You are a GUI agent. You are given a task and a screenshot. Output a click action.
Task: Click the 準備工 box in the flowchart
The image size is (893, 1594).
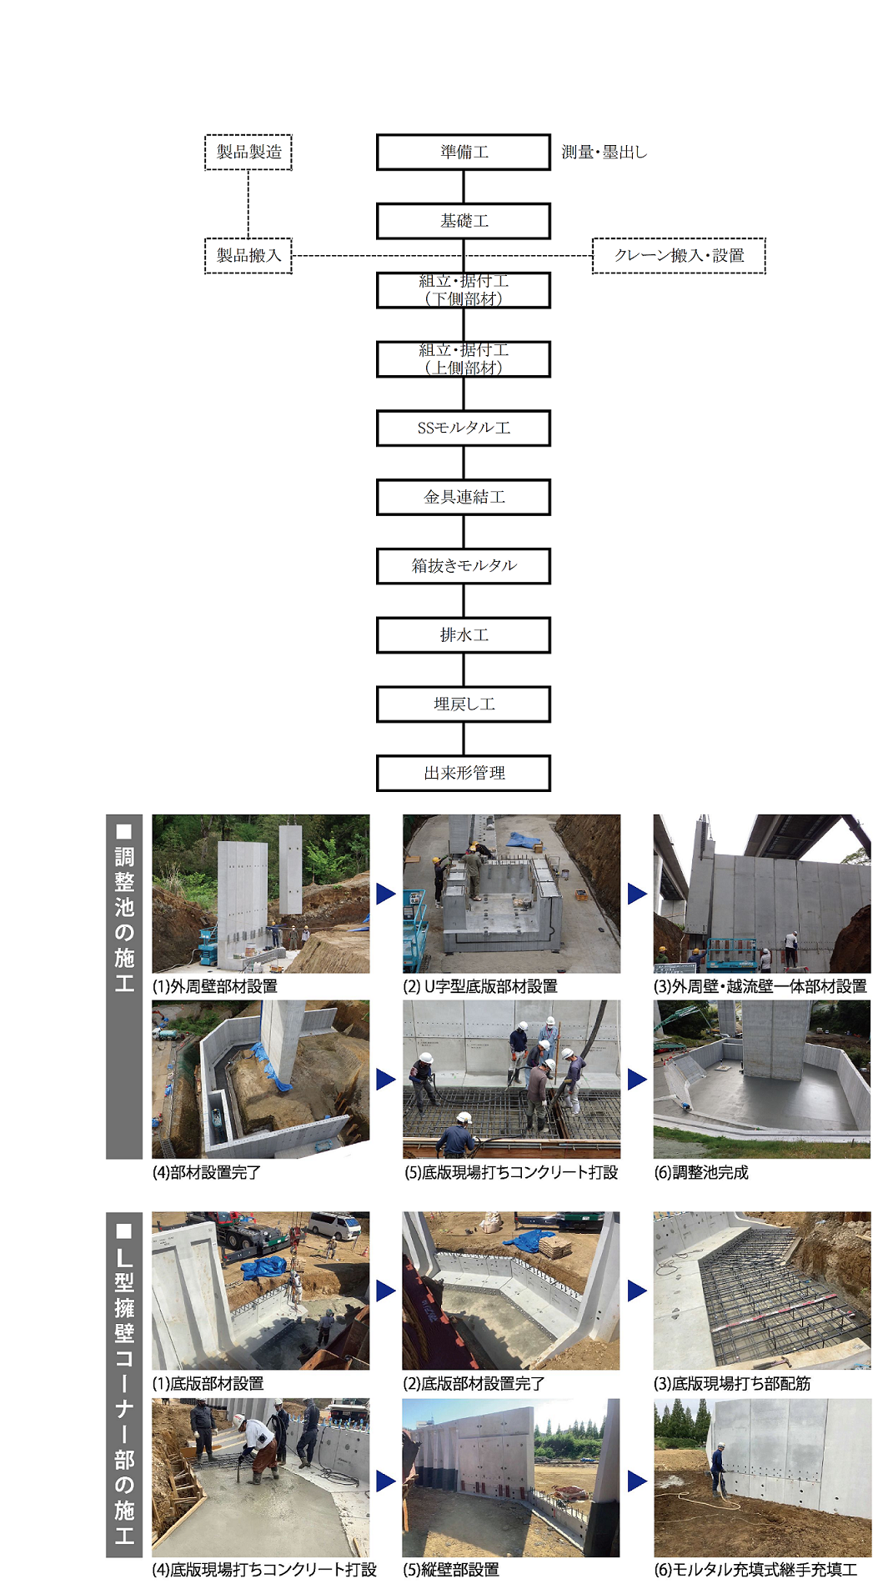pos(464,152)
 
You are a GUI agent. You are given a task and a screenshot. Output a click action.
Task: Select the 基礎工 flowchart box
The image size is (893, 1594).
pos(464,221)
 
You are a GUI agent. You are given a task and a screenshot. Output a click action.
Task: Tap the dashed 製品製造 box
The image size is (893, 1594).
pos(248,152)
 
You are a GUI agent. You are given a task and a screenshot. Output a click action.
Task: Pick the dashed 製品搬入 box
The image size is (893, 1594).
pos(248,255)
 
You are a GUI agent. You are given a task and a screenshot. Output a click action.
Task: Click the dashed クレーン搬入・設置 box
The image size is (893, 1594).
pos(679,255)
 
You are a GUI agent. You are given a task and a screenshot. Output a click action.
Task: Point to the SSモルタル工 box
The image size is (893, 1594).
pos(464,428)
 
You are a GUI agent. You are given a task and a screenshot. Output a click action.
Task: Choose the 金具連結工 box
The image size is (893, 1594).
pos(464,497)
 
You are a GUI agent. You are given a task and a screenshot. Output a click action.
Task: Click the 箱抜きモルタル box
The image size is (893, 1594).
pos(464,566)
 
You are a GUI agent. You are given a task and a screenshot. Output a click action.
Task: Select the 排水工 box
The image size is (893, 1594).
pos(464,635)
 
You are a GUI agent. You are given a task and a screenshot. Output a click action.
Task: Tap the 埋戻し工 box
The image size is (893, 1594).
pos(464,704)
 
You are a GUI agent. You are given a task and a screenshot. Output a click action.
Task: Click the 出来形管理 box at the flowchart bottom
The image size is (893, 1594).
pos(464,773)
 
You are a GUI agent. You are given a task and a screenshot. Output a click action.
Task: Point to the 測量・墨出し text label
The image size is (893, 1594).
pos(604,152)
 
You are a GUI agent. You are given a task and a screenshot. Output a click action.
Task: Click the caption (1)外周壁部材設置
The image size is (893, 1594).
pos(214,986)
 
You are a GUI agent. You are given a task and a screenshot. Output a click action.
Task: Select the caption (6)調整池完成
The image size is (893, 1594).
pos(701,1172)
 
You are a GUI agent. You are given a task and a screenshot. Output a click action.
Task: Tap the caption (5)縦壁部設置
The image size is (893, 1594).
pos(451,1570)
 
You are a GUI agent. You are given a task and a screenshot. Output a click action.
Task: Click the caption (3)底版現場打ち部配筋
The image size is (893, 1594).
pos(732,1383)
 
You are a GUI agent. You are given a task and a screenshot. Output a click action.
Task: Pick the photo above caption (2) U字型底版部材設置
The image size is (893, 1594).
pos(511,894)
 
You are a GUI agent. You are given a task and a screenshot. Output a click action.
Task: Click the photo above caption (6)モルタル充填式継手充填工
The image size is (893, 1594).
pos(762,1477)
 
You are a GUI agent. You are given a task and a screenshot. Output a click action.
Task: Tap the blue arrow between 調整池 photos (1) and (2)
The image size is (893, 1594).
pos(385,894)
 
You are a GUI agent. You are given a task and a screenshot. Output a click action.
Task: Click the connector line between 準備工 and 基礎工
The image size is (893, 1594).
pos(464,187)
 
